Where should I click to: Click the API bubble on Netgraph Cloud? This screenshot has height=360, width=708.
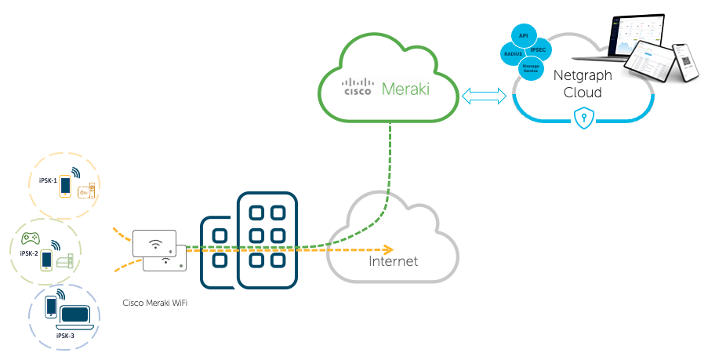click(524, 35)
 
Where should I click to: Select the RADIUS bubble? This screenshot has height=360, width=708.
click(514, 53)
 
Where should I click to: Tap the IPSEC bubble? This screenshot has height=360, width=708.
click(539, 50)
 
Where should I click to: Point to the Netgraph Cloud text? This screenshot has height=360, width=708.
click(578, 85)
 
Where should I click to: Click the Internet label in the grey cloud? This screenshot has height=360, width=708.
click(393, 261)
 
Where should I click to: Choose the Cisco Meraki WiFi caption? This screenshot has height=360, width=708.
click(155, 302)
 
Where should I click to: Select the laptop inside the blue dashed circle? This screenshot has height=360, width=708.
click(75, 316)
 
